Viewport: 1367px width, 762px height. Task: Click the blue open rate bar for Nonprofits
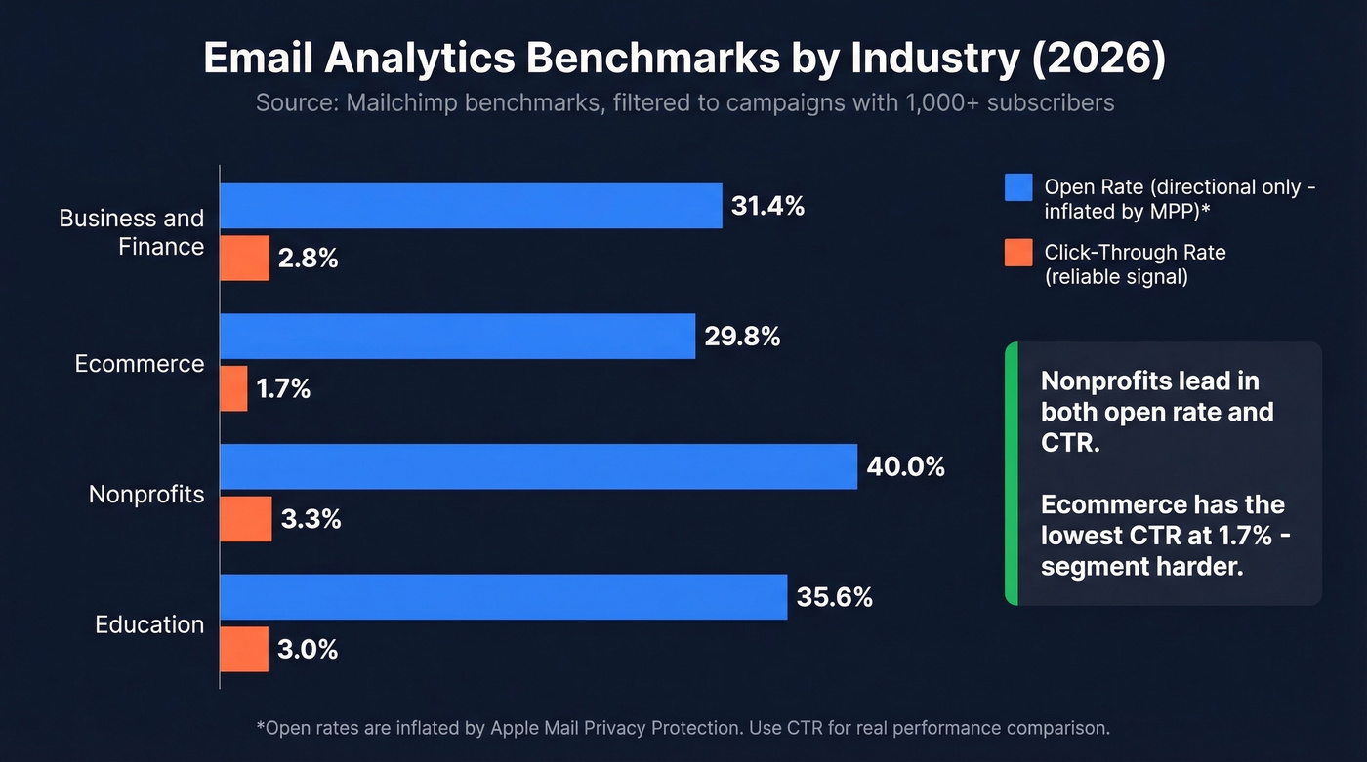click(x=538, y=466)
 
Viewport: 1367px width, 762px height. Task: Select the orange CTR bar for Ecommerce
click(x=233, y=388)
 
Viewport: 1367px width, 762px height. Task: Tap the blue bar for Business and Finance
click(x=471, y=206)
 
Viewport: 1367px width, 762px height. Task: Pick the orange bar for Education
click(x=244, y=649)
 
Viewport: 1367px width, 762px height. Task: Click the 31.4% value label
click(x=767, y=206)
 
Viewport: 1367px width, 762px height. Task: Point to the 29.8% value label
click(x=741, y=337)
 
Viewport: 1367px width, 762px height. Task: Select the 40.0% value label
click(x=905, y=466)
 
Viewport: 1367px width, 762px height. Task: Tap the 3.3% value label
click(x=311, y=519)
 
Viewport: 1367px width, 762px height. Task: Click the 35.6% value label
click(x=834, y=597)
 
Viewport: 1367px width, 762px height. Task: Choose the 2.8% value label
click(x=308, y=259)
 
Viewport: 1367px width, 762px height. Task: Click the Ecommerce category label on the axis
click(x=140, y=364)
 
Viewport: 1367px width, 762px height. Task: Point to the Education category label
click(x=149, y=624)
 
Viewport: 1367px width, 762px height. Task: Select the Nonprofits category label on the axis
click(x=146, y=494)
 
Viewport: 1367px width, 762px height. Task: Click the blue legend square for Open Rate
click(x=1018, y=186)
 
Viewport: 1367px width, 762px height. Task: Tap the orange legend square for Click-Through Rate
click(x=1018, y=253)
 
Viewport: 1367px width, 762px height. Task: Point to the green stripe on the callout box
click(x=1012, y=473)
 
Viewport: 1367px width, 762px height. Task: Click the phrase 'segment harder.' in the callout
click(x=1141, y=567)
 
